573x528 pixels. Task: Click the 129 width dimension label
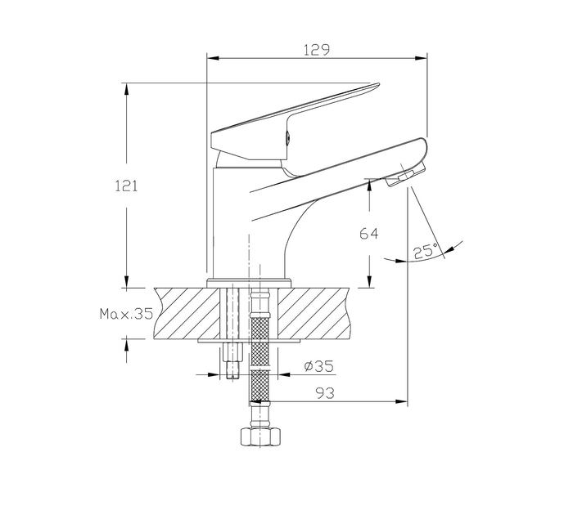click(317, 50)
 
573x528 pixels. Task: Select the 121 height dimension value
click(126, 186)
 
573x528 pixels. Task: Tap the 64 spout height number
click(368, 234)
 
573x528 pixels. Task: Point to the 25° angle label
click(426, 251)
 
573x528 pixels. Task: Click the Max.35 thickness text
click(126, 313)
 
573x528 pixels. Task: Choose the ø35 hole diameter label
click(319, 366)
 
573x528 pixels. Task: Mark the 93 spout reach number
click(325, 393)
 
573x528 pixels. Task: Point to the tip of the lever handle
click(379, 85)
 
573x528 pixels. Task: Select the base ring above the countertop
click(249, 283)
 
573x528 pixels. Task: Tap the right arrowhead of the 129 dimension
click(422, 58)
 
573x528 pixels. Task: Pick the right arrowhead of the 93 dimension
click(402, 402)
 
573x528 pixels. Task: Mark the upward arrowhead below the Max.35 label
click(126, 345)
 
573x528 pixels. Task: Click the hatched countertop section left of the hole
click(187, 313)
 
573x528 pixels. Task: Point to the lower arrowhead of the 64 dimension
click(369, 282)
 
